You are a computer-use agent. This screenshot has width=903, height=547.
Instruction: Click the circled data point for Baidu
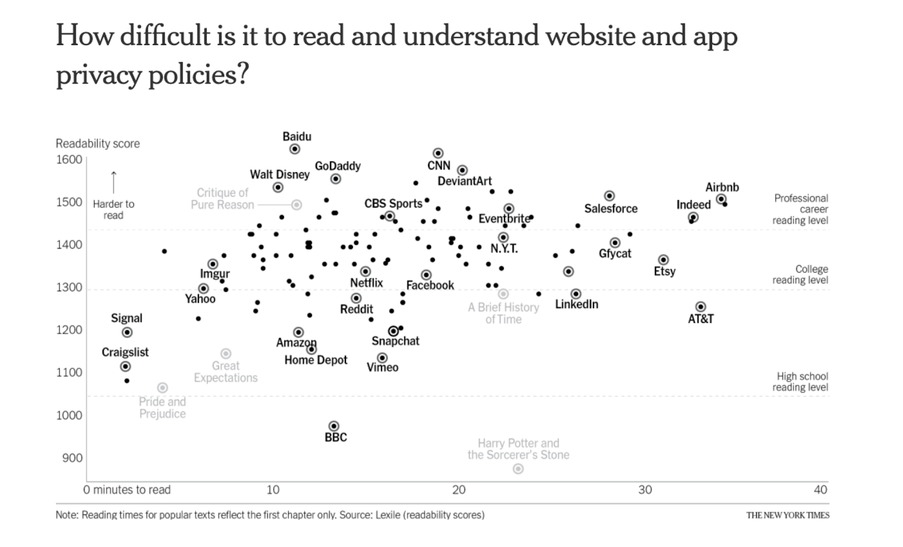click(295, 149)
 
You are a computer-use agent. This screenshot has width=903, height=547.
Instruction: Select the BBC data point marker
click(334, 426)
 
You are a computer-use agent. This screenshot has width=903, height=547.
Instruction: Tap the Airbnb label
click(722, 187)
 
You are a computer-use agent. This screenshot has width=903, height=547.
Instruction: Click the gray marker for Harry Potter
click(518, 468)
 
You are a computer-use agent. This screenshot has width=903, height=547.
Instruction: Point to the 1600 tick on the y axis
click(69, 160)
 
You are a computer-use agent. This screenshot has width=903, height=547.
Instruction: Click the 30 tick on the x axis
click(645, 489)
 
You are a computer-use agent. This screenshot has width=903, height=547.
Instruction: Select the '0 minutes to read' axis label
click(127, 489)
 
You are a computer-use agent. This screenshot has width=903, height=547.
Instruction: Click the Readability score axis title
click(97, 144)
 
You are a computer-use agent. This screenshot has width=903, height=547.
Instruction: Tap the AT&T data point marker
click(701, 307)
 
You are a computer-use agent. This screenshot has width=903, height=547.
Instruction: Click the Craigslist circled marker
click(125, 366)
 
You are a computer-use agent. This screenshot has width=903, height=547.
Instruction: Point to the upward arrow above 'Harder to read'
click(113, 182)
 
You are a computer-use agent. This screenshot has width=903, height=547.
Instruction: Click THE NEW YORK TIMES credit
click(787, 515)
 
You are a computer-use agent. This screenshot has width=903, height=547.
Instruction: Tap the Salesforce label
click(611, 209)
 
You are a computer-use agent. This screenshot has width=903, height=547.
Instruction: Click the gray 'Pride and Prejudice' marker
click(162, 388)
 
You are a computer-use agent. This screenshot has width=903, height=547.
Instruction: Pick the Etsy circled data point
click(663, 260)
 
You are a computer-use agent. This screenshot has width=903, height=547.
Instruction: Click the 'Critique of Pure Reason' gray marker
click(296, 205)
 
